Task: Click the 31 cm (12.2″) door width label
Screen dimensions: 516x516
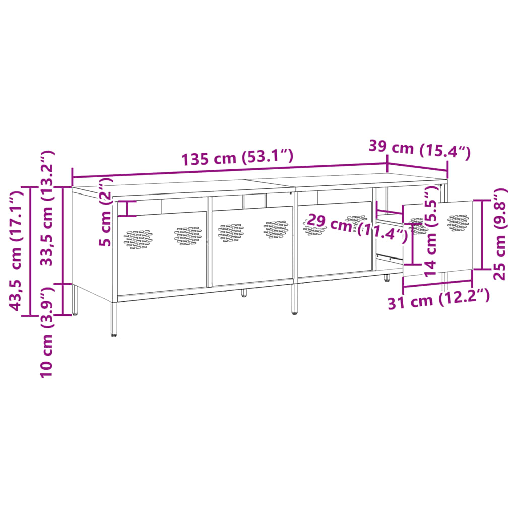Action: [x=438, y=300]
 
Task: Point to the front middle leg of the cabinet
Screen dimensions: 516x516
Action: [x=294, y=300]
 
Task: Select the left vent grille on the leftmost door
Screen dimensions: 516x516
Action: [x=138, y=239]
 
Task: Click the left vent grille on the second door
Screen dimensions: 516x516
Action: [x=231, y=232]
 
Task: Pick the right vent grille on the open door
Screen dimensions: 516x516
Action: [x=458, y=222]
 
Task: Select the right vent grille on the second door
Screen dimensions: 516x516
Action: [x=276, y=228]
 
